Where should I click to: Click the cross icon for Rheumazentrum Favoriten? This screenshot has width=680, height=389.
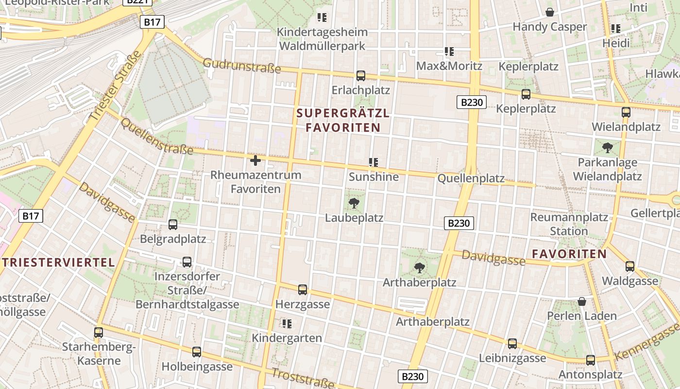click(255, 160)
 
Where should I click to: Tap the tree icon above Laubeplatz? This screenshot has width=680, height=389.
click(354, 203)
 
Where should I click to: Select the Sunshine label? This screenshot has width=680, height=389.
click(374, 177)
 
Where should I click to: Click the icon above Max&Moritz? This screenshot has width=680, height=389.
click(449, 52)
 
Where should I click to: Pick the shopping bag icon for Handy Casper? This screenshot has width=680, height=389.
click(550, 12)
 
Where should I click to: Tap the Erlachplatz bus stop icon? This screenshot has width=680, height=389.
click(360, 75)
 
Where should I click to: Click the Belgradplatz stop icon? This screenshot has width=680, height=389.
click(172, 225)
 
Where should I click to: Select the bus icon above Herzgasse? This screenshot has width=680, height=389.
click(303, 290)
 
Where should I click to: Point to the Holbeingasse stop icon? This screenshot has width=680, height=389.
click(196, 352)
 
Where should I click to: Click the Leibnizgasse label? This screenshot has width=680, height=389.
click(512, 358)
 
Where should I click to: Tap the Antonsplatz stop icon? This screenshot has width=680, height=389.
click(590, 360)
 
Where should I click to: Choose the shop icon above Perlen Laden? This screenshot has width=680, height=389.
click(581, 301)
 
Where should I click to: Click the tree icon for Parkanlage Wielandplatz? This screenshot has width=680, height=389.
click(607, 147)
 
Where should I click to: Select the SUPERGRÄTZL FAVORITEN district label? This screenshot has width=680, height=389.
click(343, 121)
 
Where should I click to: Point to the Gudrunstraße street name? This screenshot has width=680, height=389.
click(241, 66)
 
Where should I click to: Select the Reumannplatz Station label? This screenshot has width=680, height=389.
click(569, 224)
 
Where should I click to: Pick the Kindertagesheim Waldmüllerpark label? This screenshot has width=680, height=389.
click(322, 39)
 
